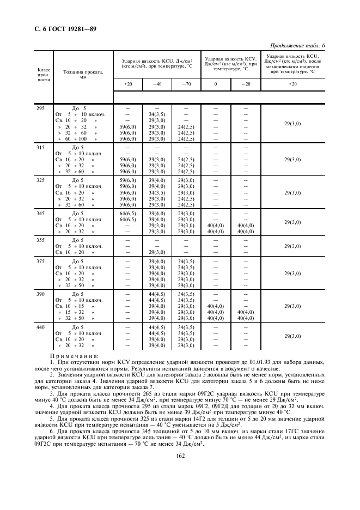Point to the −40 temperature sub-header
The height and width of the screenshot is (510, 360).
[157, 84]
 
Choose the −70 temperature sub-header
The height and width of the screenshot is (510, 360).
[185, 84]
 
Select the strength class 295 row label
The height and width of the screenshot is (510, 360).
[40, 108]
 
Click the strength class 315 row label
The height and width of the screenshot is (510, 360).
[40, 147]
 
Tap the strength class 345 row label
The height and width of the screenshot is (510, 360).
[40, 213]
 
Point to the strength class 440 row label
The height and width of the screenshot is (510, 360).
[40, 327]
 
